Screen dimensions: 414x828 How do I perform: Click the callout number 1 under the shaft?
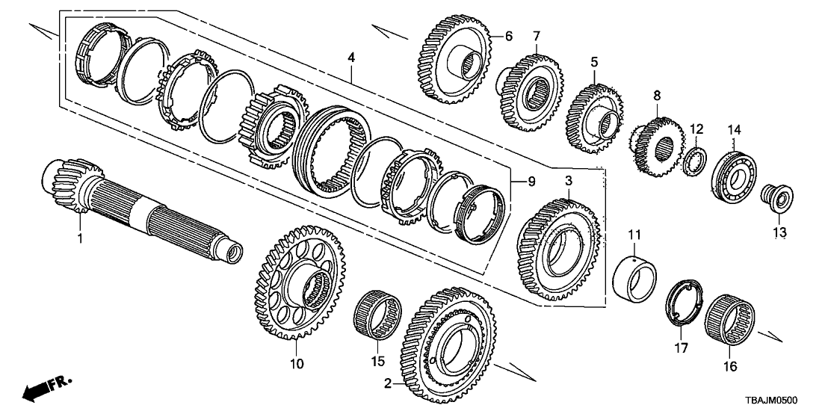tap(80, 238)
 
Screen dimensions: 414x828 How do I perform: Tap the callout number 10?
tap(296, 364)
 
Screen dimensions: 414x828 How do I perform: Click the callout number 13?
tap(780, 233)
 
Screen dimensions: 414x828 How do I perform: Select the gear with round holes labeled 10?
tap(298, 284)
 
